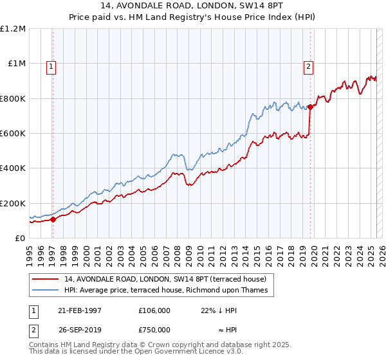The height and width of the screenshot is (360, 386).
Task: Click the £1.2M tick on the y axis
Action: coord(13,29)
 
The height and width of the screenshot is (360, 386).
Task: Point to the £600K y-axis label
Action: coord(13,134)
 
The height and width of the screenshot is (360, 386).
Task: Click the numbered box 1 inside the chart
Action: coord(51,66)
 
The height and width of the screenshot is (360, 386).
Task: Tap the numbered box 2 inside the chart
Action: coord(309,66)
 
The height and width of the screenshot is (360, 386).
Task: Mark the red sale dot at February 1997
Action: coord(53,219)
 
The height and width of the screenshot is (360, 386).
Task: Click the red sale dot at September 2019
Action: coord(311,107)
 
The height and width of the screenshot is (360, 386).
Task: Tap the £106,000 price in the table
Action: coord(154,310)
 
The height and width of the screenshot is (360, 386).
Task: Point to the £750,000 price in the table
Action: coord(154,329)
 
